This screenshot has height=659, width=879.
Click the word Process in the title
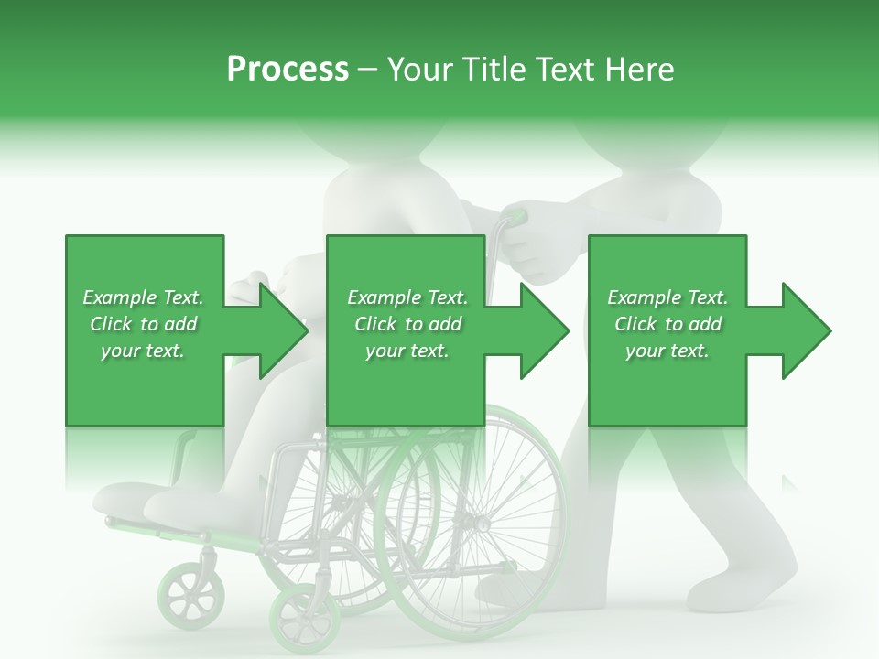click(288, 69)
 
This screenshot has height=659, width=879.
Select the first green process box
click(144, 330)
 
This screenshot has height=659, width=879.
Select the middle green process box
click(406, 330)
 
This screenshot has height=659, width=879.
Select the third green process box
click(667, 330)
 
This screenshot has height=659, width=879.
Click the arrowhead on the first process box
click(284, 330)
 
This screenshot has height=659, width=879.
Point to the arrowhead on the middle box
click(546, 330)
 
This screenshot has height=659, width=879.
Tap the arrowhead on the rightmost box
click(807, 330)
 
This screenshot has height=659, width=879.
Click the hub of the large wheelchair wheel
click(477, 524)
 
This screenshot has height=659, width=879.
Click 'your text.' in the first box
click(143, 351)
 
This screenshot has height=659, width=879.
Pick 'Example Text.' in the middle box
click(407, 297)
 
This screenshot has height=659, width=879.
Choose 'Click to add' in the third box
click(667, 324)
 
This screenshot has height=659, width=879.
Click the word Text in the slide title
click(561, 69)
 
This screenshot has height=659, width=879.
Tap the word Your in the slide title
click(418, 69)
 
